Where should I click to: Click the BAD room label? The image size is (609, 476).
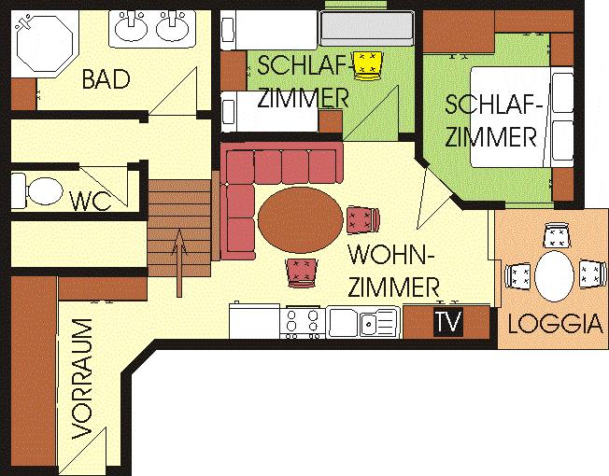click(x=106, y=79)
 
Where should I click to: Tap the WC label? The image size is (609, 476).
click(x=90, y=201)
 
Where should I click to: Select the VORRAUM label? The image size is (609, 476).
click(x=82, y=379)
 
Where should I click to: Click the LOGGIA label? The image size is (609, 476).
click(x=556, y=324)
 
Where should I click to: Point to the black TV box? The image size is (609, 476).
click(x=448, y=322)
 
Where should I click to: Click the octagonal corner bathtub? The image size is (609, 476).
click(x=45, y=43)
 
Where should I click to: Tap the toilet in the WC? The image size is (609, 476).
click(x=37, y=191)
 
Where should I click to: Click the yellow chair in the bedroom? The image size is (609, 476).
click(x=367, y=66)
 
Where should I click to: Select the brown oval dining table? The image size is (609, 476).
click(x=300, y=220)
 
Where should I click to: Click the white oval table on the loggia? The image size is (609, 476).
click(x=554, y=276)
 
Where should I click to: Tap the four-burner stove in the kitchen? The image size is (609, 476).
click(x=303, y=322)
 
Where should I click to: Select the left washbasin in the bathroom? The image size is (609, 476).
click(x=132, y=26)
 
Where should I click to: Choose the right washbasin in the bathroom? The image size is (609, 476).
click(x=173, y=26)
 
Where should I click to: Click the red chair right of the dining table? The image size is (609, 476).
click(x=362, y=219)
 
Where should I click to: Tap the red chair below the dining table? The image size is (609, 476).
click(x=303, y=273)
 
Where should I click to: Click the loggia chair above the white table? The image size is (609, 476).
click(x=558, y=235)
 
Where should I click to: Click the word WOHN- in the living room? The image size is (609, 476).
click(x=391, y=255)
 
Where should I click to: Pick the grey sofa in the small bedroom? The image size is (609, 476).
click(x=366, y=28)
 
